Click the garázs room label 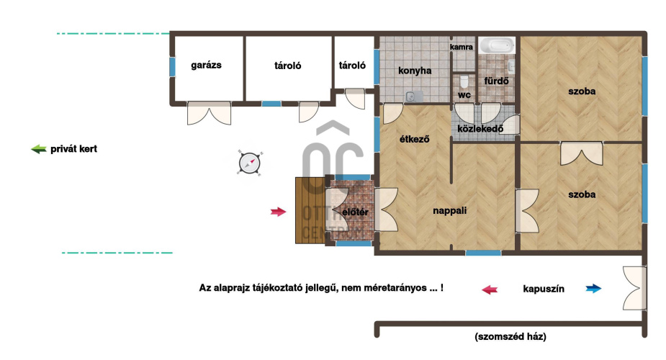206,66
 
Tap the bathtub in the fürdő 497,45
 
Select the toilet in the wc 464,81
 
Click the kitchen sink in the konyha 414,96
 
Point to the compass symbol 249,163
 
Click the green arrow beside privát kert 39,149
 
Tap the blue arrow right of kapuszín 593,289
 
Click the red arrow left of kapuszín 490,289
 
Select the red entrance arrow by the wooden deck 278,212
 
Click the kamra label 462,47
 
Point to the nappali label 450,210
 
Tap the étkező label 415,139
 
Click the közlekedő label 480,128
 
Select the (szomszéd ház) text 510,337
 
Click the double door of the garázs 209,113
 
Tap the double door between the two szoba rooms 582,153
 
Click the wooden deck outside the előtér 310,210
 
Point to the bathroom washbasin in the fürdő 511,67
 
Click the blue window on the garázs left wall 172,67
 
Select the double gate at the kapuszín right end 634,288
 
